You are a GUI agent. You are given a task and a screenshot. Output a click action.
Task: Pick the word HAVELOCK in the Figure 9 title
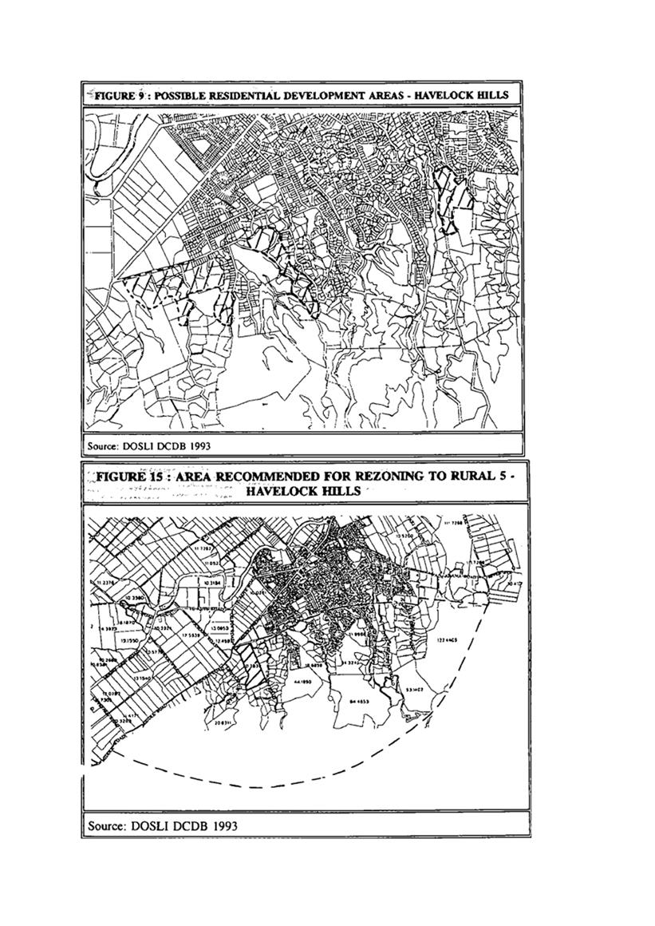448,95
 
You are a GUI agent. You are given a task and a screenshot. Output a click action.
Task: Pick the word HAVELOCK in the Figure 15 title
281,491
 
